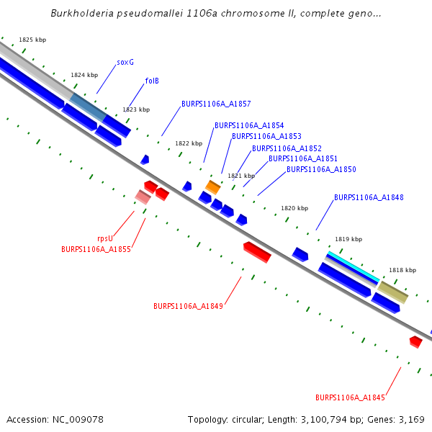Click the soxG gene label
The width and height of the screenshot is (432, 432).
pos(125,63)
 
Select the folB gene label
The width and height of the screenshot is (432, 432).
pos(152,81)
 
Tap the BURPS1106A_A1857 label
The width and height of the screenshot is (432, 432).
pos(216,104)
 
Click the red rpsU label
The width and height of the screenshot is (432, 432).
pos(105,238)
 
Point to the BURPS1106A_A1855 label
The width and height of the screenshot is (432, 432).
pos(96,249)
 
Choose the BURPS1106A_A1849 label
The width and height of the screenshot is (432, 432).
pos(188,306)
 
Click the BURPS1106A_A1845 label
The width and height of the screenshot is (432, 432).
pos(350,397)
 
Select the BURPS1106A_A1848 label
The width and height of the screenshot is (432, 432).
pos(369,197)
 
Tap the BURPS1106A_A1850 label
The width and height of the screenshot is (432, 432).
pos(321,170)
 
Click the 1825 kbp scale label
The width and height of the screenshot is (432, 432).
pos(32,40)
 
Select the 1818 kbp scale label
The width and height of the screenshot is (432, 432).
pos(402,270)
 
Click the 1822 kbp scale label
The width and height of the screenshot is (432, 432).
pos(189,143)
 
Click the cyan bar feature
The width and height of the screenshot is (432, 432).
pos(354,266)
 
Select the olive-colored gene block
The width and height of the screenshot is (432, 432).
pos(393,292)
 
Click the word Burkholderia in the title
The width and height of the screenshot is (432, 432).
pos(83,14)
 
